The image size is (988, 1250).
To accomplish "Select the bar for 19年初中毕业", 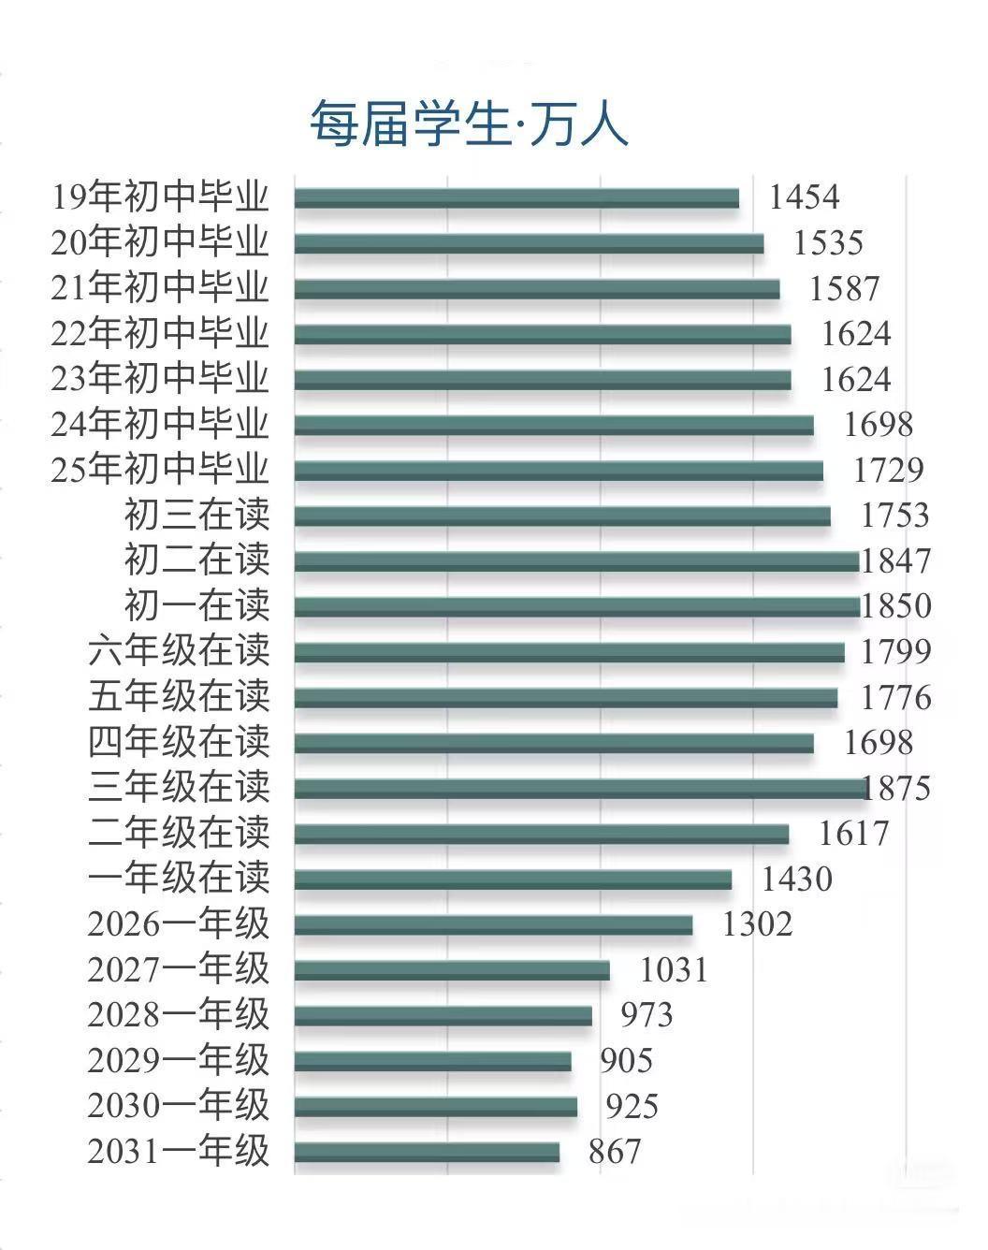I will tap(516, 198).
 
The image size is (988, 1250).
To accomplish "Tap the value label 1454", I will tap(804, 197).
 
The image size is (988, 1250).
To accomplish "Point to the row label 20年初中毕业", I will tap(160, 242).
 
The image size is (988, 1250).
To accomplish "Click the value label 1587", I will tap(844, 288).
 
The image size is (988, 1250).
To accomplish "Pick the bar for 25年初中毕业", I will tap(559, 471).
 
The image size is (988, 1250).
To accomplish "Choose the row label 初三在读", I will tap(196, 515).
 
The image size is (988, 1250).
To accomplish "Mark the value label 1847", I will tap(895, 560).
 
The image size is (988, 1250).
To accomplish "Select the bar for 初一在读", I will tap(576, 606).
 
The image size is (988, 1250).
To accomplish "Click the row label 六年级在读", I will tap(179, 650).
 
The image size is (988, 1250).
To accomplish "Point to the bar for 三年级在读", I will tap(580, 789).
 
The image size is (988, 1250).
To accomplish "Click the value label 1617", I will tap(853, 833).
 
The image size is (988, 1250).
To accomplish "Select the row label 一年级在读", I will tap(179, 878).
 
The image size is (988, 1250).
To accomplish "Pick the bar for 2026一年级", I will tap(493, 925).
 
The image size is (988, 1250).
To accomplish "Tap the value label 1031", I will tap(674, 969).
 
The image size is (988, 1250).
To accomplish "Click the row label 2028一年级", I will tap(179, 1014).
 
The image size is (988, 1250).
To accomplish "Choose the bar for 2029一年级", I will tap(432, 1061).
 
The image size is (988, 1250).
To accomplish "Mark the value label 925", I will tap(632, 1106).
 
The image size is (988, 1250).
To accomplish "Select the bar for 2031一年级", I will tap(427, 1152).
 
